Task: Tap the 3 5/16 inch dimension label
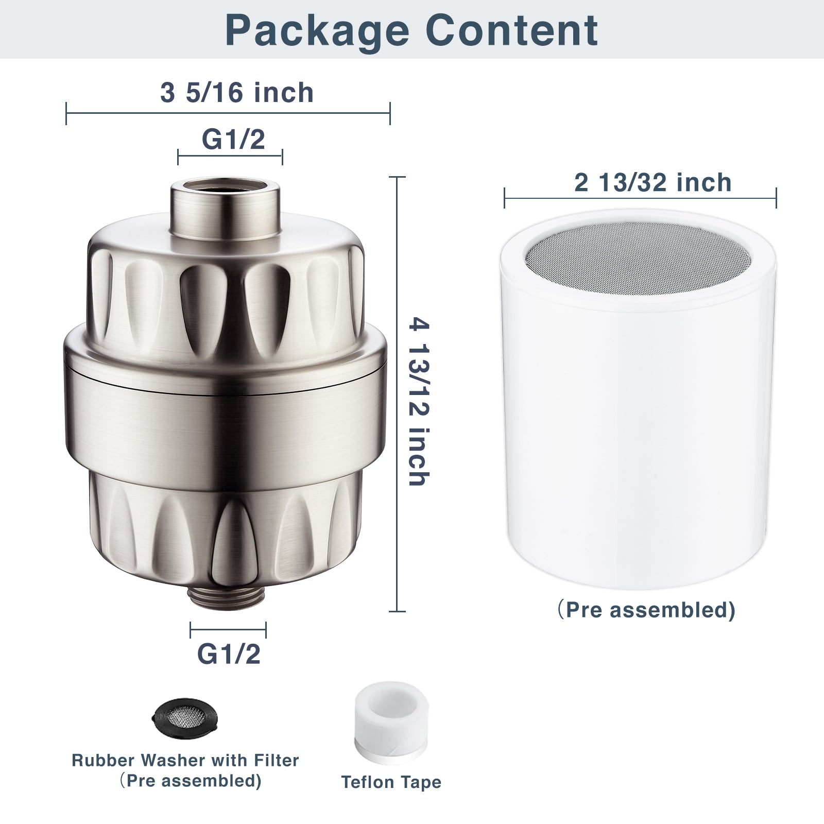point(237,93)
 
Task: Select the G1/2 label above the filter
point(233,139)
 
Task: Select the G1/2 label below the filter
point(229,654)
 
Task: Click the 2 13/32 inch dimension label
point(653,183)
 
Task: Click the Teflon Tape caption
point(391,782)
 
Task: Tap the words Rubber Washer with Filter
point(185,760)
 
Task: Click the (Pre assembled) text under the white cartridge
point(646,610)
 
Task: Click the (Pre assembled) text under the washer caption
point(191,781)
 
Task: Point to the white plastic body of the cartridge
point(638,438)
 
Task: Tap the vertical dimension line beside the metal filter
point(397,394)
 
